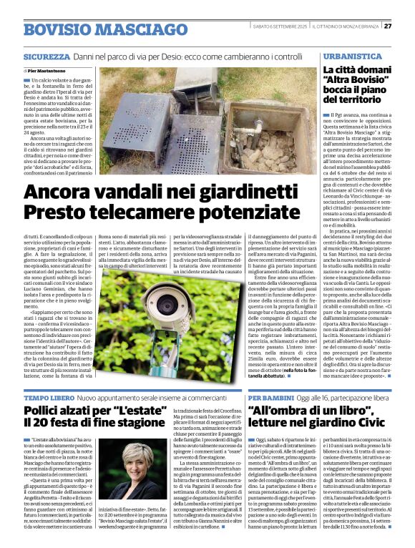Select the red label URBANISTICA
pos(348,55)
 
